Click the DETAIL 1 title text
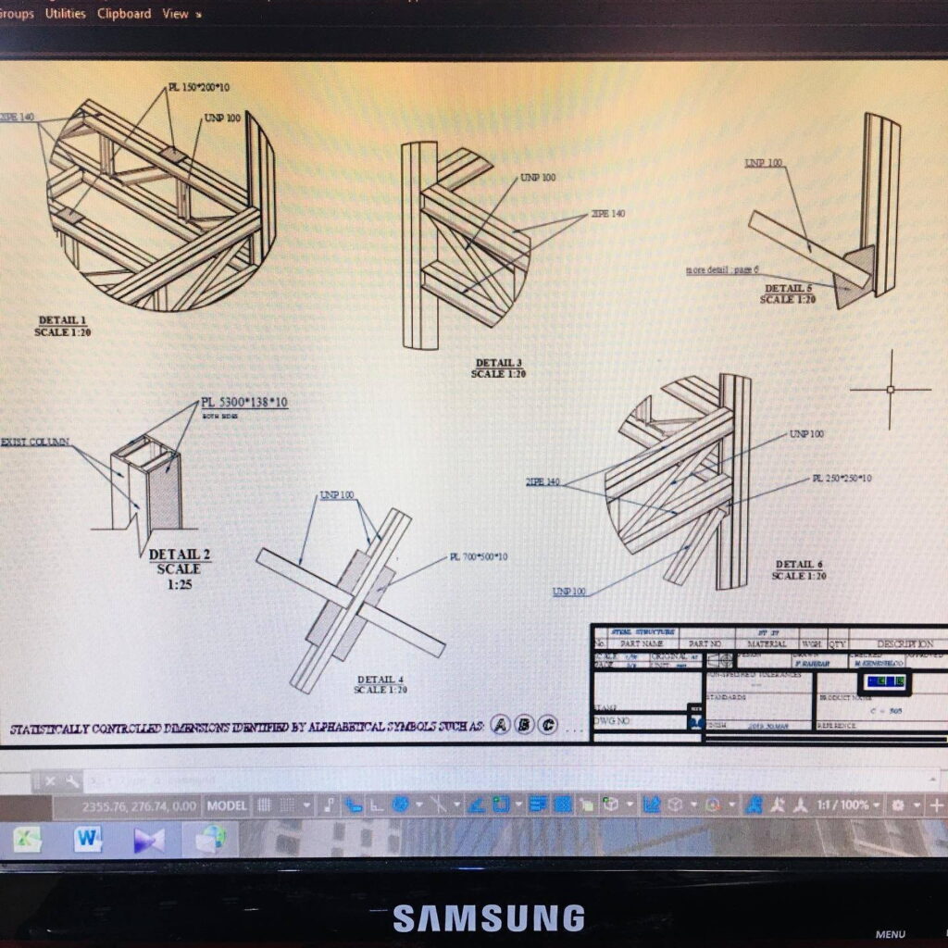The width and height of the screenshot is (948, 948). [x=62, y=320]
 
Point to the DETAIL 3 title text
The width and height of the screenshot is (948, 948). [x=499, y=363]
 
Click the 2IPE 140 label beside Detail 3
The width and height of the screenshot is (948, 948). [x=607, y=213]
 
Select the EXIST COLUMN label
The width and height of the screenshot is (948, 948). [x=35, y=443]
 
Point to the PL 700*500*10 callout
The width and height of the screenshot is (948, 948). [x=479, y=556]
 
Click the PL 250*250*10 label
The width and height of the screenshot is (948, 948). [x=842, y=478]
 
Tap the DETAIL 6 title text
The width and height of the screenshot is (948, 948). [x=799, y=564]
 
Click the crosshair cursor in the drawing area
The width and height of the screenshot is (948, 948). [x=891, y=389]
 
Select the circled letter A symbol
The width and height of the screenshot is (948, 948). [x=501, y=725]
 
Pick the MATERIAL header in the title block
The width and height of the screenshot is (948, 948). [x=767, y=643]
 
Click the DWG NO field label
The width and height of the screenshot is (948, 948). [x=612, y=721]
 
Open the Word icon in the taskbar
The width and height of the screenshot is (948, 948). [x=89, y=840]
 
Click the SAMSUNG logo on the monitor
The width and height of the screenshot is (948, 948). [x=488, y=917]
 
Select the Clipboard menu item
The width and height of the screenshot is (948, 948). [x=124, y=14]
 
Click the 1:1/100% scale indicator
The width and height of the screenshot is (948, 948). [x=842, y=805]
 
